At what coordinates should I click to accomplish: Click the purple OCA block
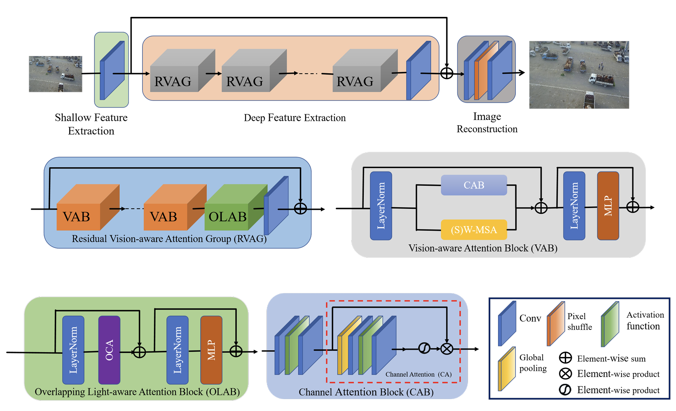[x=109, y=350]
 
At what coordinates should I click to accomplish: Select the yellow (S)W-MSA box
[x=474, y=230]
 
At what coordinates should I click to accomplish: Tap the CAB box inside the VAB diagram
[x=474, y=185]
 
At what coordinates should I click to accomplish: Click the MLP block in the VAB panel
[x=608, y=206]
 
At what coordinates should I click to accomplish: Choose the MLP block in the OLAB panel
[x=211, y=350]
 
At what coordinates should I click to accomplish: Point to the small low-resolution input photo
[x=56, y=74]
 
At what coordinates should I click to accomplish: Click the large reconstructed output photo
[x=579, y=75]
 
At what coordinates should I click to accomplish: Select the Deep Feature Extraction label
[x=295, y=118]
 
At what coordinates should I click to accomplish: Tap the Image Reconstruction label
[x=487, y=123]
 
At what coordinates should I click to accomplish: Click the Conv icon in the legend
[x=507, y=324]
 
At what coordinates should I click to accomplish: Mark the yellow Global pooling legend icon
[x=506, y=369]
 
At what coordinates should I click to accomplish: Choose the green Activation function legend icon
[x=610, y=324]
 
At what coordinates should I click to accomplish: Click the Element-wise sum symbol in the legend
[x=565, y=358]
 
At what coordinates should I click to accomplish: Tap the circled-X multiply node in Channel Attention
[x=447, y=349]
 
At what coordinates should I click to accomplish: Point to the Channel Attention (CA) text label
[x=418, y=374]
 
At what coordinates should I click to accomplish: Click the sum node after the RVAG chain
[x=447, y=73]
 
